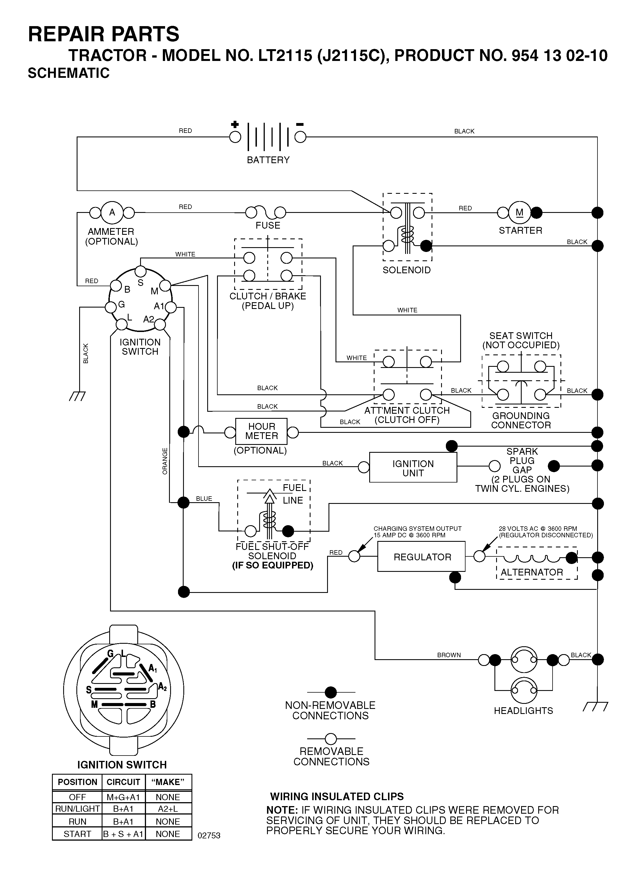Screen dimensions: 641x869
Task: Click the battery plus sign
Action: pos(235,125)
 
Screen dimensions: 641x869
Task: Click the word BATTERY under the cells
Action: pos(268,160)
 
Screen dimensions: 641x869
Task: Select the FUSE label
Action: pos(268,225)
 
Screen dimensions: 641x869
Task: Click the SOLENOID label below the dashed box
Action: pos(407,270)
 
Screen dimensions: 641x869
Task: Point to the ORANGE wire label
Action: pos(165,461)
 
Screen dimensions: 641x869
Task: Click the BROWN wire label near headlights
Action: pos(449,655)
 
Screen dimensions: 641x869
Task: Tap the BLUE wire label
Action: pos(204,499)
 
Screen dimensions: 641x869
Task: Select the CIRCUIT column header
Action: pos(123,782)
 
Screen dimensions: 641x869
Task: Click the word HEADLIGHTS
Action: pos(523,711)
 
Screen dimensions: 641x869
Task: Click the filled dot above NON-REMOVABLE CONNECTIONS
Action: pos(330,692)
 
